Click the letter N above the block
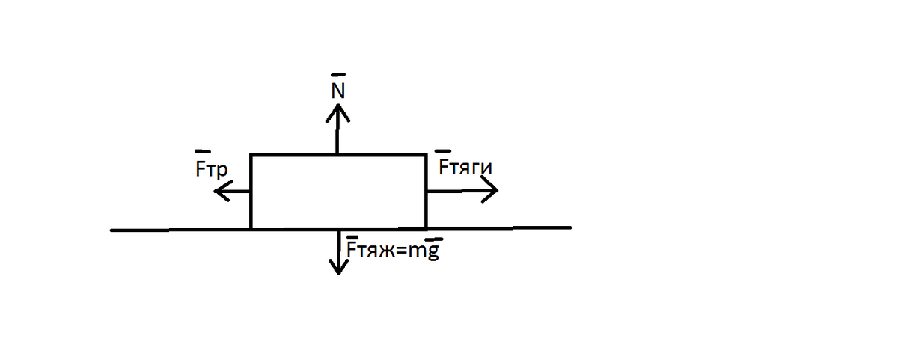(338, 91)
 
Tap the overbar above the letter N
(338, 75)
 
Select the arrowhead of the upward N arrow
(338, 113)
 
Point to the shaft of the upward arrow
(337, 129)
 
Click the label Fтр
(211, 170)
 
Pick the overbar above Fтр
(203, 151)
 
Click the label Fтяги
(465, 167)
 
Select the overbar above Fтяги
(442, 150)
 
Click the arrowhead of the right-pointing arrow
(489, 189)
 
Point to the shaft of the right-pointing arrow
(462, 191)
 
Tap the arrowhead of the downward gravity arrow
(338, 266)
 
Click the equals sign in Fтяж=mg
(401, 251)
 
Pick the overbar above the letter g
(434, 240)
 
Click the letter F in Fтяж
(351, 250)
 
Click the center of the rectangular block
(338, 192)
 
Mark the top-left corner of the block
(251, 155)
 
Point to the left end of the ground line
(111, 231)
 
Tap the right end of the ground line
(571, 228)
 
